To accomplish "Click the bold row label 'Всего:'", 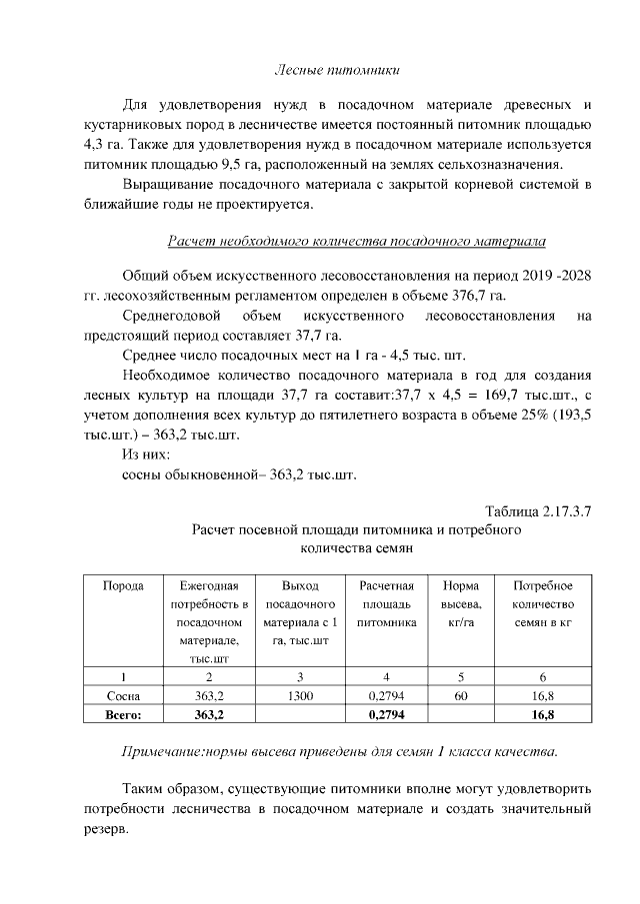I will (x=123, y=714).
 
